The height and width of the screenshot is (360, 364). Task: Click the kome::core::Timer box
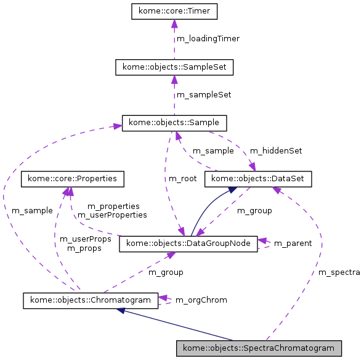pos(174,11)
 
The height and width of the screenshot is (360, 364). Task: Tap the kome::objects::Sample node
pos(174,123)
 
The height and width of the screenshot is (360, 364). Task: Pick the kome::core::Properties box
pos(73,179)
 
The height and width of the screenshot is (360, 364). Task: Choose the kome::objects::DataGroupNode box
pos(188,243)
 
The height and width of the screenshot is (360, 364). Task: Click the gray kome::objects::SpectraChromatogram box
pos(259,348)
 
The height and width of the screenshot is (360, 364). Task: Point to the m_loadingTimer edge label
pos(208,39)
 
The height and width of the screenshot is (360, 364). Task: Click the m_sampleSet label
pos(204,95)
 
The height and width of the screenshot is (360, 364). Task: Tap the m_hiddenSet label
pos(275,150)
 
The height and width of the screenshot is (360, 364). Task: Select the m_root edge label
pos(182,179)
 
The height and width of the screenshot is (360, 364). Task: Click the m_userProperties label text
pos(112,215)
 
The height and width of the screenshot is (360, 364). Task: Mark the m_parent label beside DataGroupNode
pos(293,243)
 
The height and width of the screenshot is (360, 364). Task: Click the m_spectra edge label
pos(339,272)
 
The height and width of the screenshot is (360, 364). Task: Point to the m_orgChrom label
pos(201,300)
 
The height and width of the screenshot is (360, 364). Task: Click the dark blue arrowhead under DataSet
pos(232,190)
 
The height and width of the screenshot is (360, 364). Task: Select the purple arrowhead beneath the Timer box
pos(174,23)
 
